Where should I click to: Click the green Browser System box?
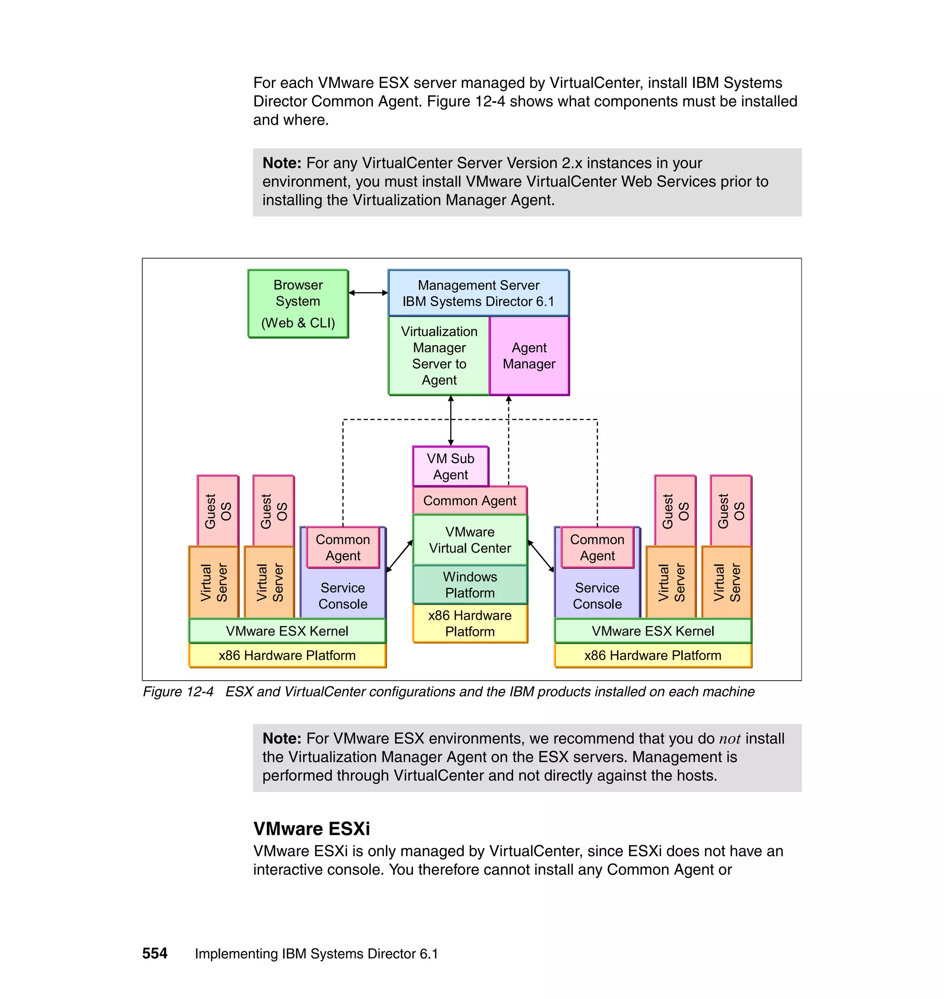(298, 303)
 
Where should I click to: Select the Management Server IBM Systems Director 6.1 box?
(478, 293)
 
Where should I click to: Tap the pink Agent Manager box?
(529, 355)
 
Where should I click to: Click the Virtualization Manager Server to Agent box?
(439, 355)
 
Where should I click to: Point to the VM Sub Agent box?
(450, 466)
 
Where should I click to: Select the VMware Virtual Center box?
(470, 540)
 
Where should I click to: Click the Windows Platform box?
(470, 584)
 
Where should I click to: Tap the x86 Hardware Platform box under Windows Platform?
(470, 623)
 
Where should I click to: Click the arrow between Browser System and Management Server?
(368, 293)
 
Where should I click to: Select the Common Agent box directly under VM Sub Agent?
(470, 500)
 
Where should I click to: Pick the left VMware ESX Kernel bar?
(287, 631)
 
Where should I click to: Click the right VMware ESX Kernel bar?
(653, 631)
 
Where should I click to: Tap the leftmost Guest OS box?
(218, 511)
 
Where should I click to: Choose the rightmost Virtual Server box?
(726, 582)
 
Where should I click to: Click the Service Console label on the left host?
(342, 596)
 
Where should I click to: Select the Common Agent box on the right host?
(597, 547)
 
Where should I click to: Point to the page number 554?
(154, 953)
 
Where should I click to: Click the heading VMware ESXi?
(311, 829)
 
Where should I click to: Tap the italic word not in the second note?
(729, 739)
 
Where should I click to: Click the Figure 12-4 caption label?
(178, 692)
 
